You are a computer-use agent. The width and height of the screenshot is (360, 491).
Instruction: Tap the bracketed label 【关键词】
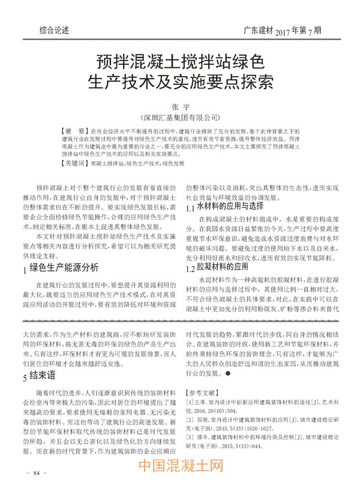tap(74, 162)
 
